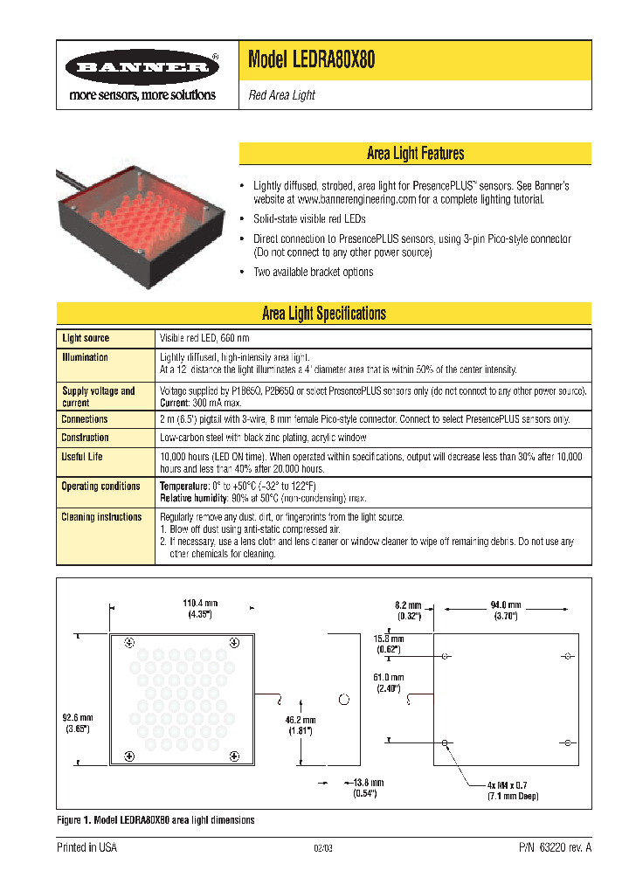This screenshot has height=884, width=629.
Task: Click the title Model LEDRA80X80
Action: [x=312, y=60]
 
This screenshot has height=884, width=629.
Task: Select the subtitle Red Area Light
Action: [x=281, y=95]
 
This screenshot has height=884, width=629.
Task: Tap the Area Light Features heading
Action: [x=415, y=154]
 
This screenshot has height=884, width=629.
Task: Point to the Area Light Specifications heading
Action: [x=324, y=314]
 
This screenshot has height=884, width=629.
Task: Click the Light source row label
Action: [x=86, y=338]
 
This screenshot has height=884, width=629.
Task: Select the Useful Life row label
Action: [x=82, y=457]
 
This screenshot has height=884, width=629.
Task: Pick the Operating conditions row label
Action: [x=100, y=487]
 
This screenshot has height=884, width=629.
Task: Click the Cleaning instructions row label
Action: [x=101, y=517]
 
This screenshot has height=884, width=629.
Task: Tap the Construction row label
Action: [x=86, y=438]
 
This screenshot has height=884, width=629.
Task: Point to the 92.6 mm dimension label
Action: [x=77, y=722]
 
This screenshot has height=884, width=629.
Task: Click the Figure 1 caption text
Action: [x=156, y=820]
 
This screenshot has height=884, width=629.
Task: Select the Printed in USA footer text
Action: [x=86, y=848]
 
